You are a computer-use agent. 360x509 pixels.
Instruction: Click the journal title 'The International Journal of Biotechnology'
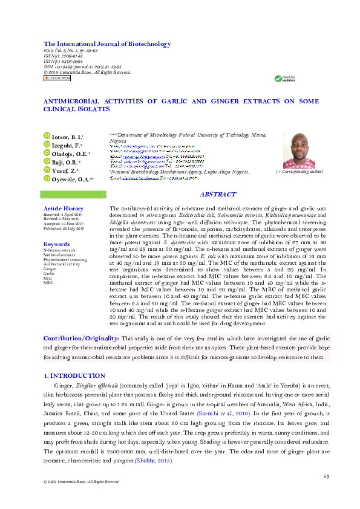point(107,44)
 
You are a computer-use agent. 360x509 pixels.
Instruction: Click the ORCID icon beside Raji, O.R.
point(46,163)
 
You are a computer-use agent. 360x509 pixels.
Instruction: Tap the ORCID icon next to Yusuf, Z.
point(46,171)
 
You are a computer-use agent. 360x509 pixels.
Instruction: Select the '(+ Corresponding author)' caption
point(299,172)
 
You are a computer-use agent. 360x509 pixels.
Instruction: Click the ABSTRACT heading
point(218,195)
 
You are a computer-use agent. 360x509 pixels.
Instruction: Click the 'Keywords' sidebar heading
point(57,244)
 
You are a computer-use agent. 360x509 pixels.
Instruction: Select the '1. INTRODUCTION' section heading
point(75,375)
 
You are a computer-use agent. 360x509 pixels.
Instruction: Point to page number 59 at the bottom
point(326,476)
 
